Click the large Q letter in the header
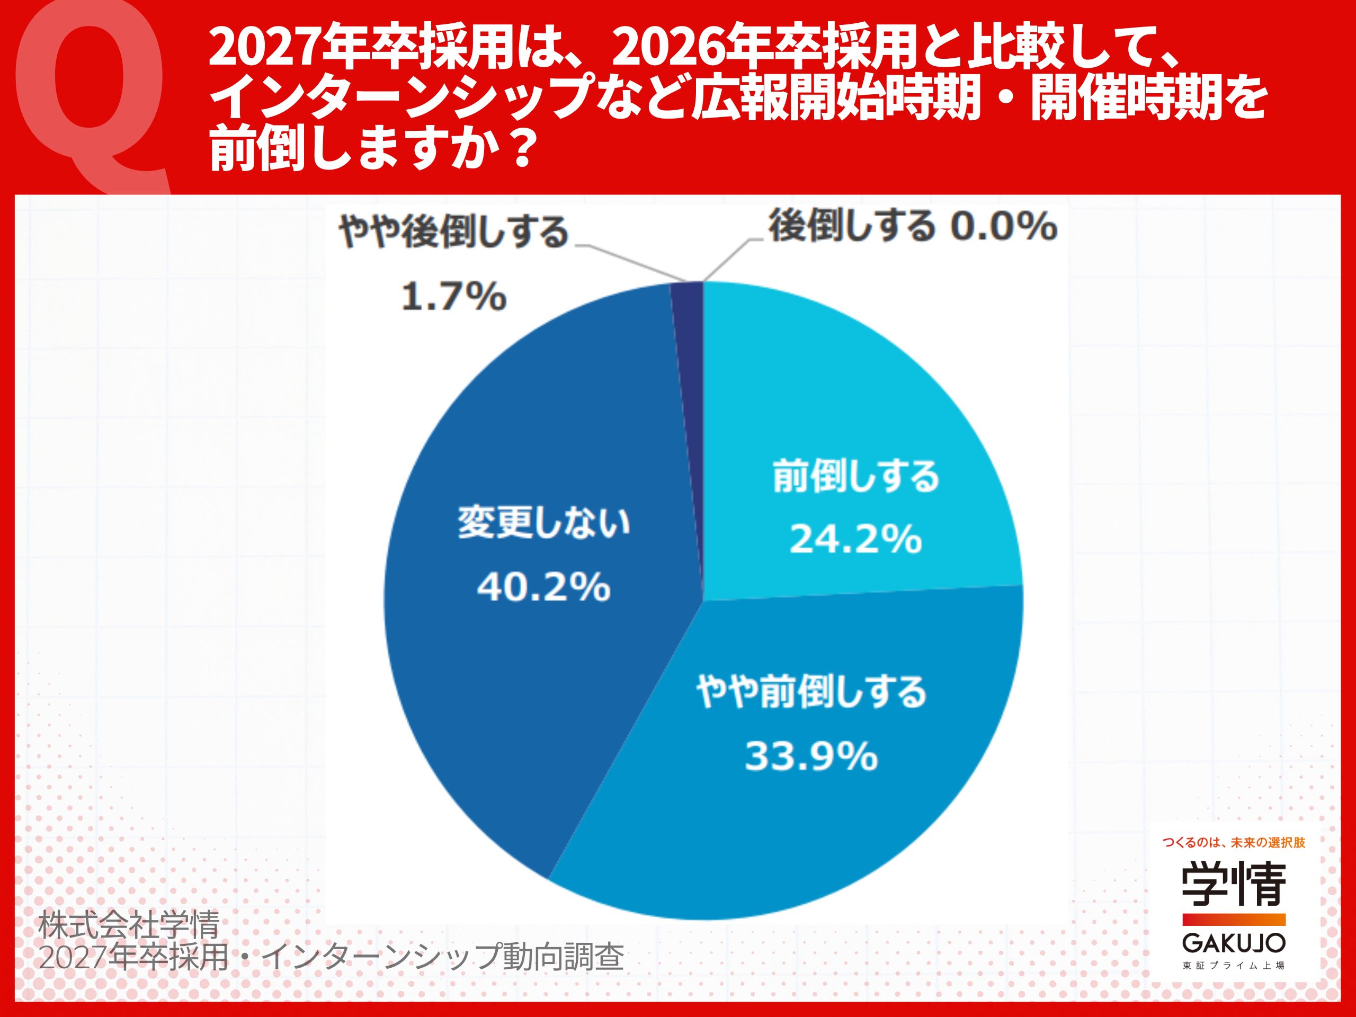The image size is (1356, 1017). (x=91, y=92)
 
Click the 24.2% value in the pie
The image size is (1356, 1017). (x=855, y=539)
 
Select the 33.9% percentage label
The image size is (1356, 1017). (x=811, y=756)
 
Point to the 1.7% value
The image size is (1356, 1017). (x=453, y=297)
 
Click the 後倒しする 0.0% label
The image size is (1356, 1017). (x=913, y=227)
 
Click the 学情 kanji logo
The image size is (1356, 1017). (x=1234, y=885)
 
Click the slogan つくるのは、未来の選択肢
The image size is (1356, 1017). (x=1234, y=843)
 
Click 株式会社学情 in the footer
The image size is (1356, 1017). (x=129, y=924)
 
